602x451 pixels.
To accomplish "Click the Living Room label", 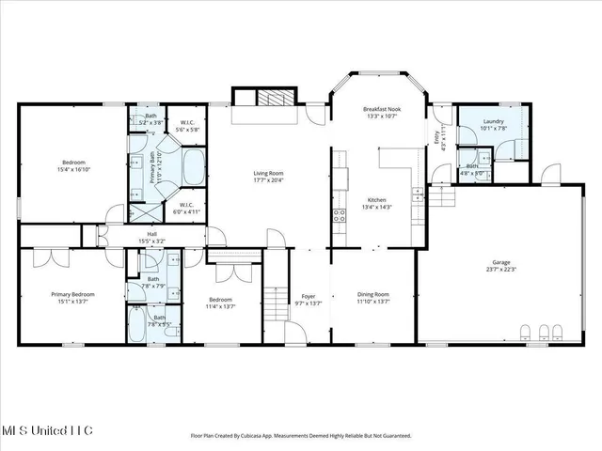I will [268, 173].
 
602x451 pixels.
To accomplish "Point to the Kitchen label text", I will [376, 200].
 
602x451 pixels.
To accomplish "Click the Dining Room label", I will [374, 295].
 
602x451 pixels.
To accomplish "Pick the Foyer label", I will [309, 295].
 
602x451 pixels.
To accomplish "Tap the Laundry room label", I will [494, 122].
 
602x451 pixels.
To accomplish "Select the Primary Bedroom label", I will [71, 294].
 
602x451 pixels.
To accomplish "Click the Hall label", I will [150, 234].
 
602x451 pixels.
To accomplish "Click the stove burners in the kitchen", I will [336, 218].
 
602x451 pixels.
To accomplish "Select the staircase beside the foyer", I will [273, 303].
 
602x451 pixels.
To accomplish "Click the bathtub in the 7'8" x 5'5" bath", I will [136, 330].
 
